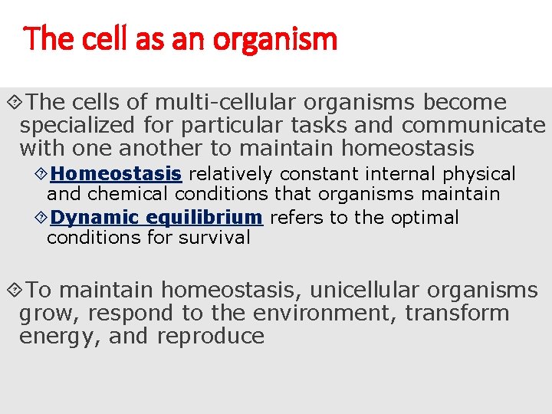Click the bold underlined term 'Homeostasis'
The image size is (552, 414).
[116, 174]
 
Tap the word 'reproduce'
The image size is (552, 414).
[211, 337]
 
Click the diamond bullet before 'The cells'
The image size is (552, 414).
[13, 103]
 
